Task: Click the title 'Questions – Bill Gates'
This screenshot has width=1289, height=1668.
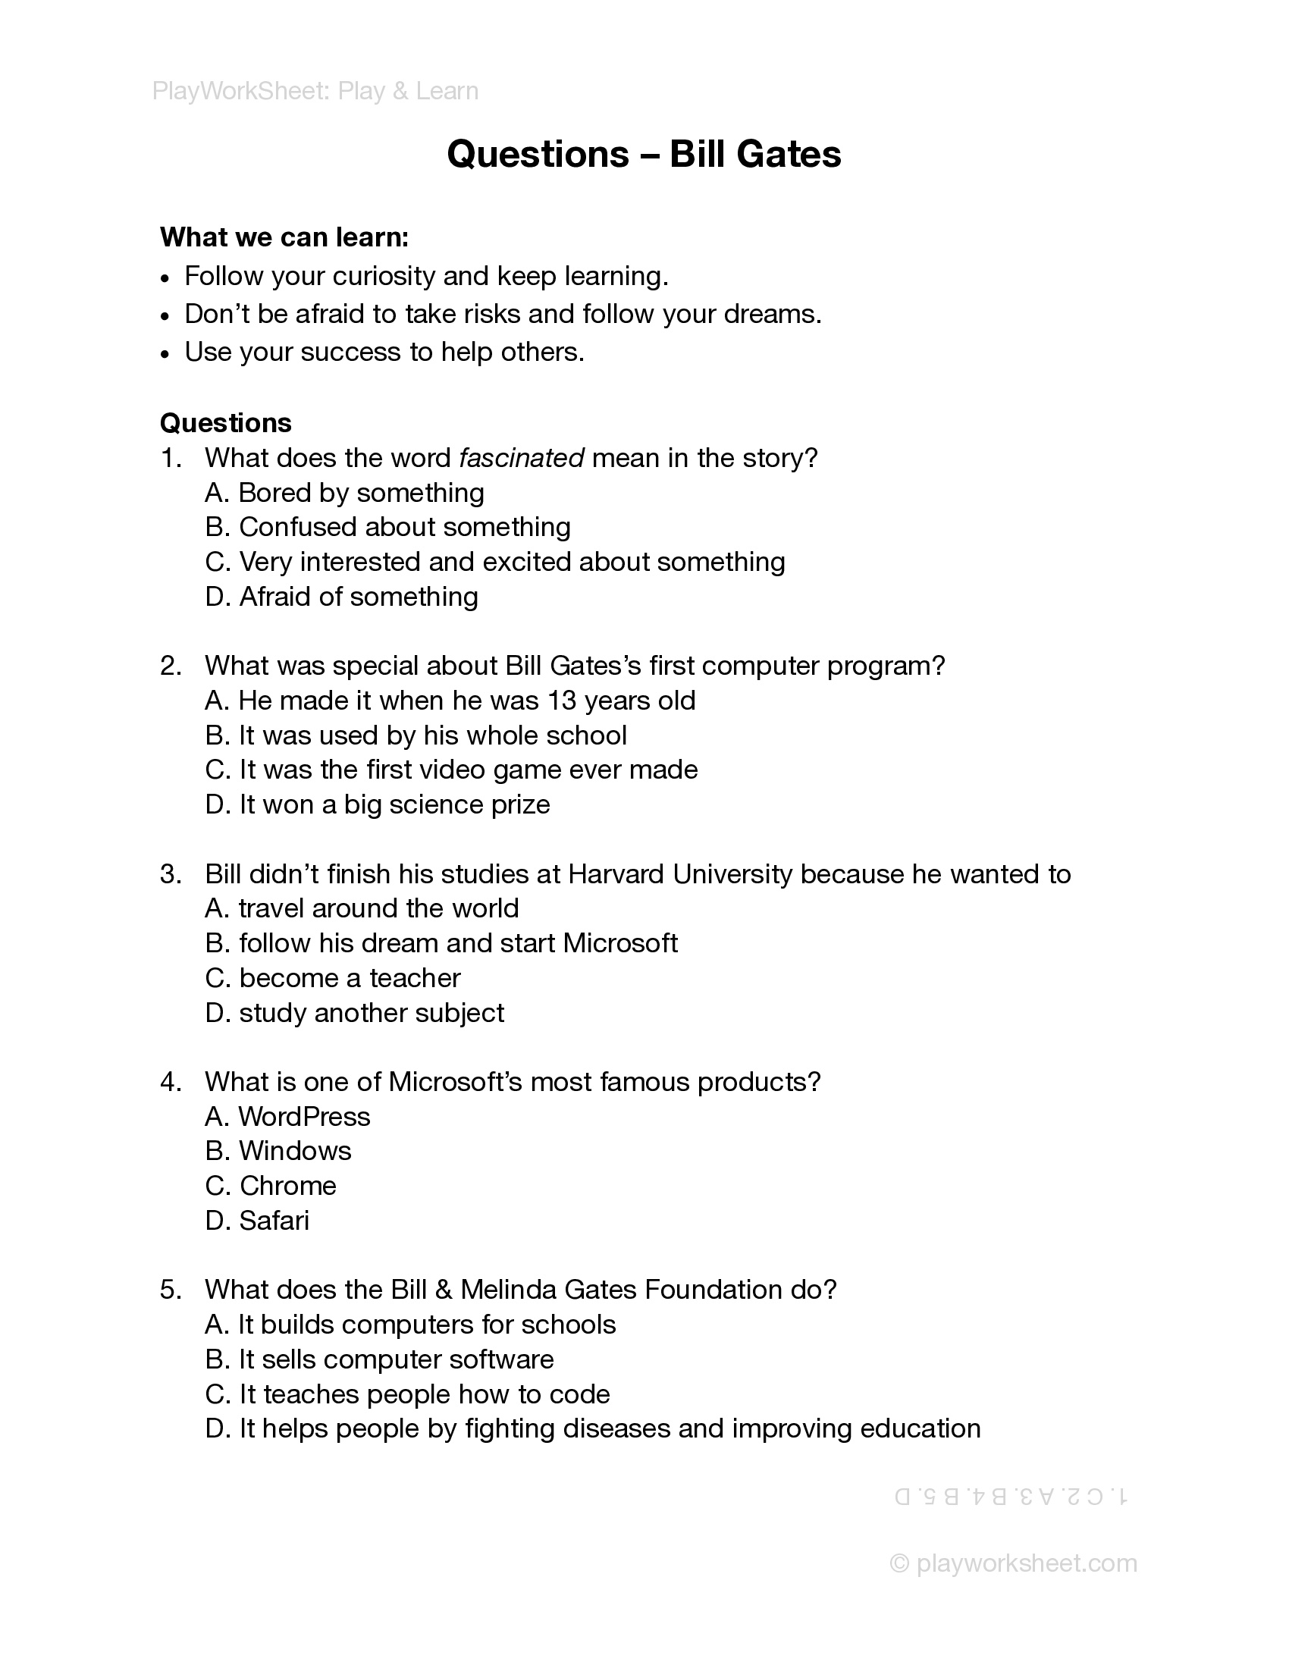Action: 644,154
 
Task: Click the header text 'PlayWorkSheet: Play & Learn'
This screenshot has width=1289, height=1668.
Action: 315,91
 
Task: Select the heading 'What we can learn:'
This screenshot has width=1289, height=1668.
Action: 284,237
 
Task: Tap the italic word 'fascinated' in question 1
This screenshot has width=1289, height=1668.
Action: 522,458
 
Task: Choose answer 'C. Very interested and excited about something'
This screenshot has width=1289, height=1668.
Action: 495,562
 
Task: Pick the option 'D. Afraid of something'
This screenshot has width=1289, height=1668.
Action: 341,597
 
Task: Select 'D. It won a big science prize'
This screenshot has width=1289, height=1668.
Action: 378,805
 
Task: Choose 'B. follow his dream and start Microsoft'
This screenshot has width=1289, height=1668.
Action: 441,944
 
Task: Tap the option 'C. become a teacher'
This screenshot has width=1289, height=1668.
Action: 333,978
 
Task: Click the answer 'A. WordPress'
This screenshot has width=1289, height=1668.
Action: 288,1118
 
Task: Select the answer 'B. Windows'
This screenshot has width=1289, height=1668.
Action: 279,1152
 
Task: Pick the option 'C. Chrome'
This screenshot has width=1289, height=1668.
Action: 271,1186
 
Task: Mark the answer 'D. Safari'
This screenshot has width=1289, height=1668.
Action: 257,1221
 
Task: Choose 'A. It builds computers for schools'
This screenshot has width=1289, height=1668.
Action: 410,1325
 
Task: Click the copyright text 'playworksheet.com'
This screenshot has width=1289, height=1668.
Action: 1026,1563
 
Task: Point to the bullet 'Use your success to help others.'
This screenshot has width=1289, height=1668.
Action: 384,352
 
